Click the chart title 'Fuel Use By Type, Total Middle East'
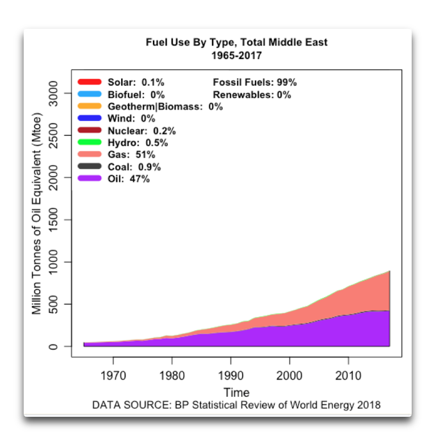[x=237, y=42]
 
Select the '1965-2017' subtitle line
[x=237, y=55]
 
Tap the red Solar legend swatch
[x=90, y=82]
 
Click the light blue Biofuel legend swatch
[x=90, y=94]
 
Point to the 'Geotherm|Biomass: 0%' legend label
[x=165, y=106]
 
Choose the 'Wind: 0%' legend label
[x=131, y=118]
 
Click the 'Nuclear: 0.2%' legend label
[x=141, y=131]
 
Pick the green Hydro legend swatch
[x=90, y=142]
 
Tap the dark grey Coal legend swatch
[x=90, y=166]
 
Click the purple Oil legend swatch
[x=90, y=179]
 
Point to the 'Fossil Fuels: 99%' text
[x=254, y=82]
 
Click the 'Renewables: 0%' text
[x=252, y=94]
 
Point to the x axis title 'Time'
[x=236, y=392]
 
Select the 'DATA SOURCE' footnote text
[x=236, y=405]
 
